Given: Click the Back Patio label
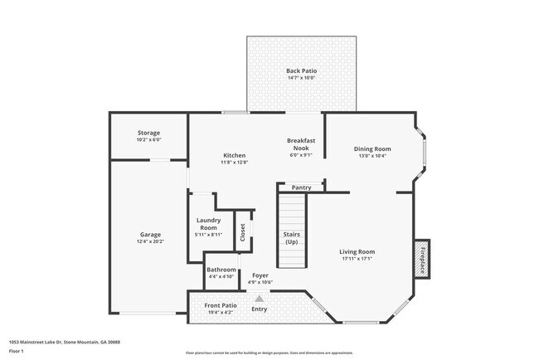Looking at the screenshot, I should click(x=302, y=71).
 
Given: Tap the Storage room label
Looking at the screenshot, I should click(x=149, y=133).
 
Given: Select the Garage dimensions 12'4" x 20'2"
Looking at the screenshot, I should click(x=151, y=241).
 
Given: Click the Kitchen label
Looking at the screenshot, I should click(x=235, y=155).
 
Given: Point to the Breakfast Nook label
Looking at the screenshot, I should click(x=299, y=143).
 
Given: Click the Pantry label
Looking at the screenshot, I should click(x=301, y=187).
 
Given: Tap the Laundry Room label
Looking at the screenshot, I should click(x=208, y=224).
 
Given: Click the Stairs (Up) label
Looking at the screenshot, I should click(x=291, y=238).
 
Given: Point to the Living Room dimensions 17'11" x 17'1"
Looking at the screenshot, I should click(x=357, y=258).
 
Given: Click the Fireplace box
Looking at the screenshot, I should click(x=421, y=259).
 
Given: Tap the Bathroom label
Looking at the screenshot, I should click(x=221, y=270).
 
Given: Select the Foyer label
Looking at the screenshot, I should click(x=260, y=275).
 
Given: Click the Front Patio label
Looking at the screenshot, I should click(x=221, y=305).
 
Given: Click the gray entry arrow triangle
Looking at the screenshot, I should click(x=260, y=299).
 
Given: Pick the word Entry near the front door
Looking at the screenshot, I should click(x=260, y=309).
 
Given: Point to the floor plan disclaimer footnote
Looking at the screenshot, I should click(x=269, y=353).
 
